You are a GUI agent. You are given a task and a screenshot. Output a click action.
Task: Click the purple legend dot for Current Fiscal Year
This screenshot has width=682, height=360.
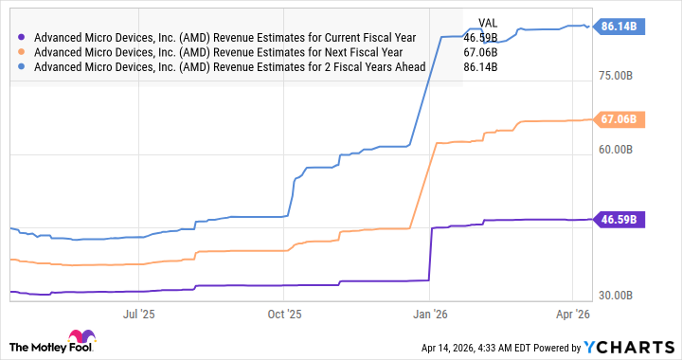click(22, 38)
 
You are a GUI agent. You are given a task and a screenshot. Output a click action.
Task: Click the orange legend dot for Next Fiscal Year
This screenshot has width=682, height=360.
click(22, 52)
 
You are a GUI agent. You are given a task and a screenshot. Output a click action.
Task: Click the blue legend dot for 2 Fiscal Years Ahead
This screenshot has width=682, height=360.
click(22, 67)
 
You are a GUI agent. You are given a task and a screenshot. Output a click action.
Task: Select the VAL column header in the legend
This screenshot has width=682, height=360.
click(488, 23)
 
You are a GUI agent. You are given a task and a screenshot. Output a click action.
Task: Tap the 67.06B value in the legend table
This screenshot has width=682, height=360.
click(480, 52)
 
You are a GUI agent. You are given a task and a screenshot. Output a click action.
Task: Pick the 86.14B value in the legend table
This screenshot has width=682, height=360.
click(480, 67)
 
